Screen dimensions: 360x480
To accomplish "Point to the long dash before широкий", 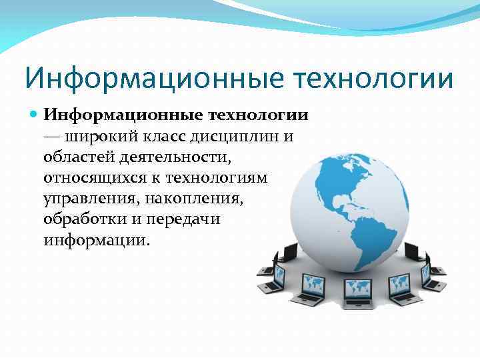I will pyautogui.click(x=53, y=137).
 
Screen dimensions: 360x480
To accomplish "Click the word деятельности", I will pyautogui.click(x=177, y=157).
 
